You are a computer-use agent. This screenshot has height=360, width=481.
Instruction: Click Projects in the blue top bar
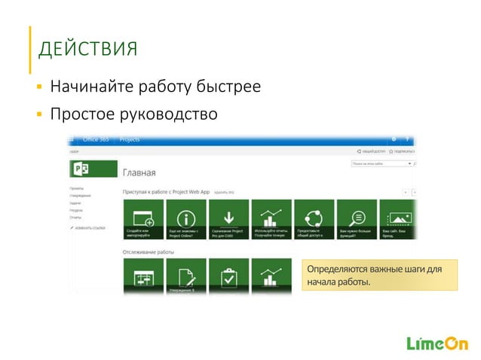point(130,139)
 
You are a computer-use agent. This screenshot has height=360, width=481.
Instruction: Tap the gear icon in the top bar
point(393,139)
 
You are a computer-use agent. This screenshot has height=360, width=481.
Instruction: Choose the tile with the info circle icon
point(185,219)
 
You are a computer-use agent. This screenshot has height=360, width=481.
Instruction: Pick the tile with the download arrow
point(228,219)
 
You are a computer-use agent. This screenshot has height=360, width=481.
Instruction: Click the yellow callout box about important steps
point(378,276)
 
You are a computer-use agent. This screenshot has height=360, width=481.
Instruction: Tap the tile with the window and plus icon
point(142,219)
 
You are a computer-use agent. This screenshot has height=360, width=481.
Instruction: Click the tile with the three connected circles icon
point(314,219)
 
